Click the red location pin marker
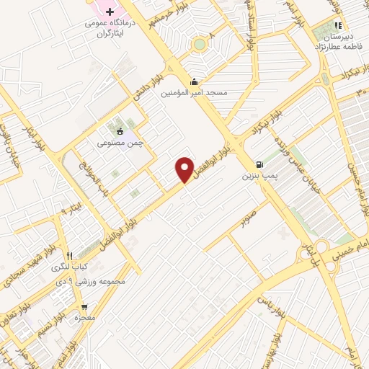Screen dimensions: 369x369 pyautogui.click(x=185, y=169)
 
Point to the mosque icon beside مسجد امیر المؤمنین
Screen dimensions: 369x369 pyautogui.click(x=194, y=81)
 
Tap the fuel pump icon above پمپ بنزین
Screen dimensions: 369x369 pyautogui.click(x=259, y=164)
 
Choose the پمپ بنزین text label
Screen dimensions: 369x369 pyautogui.click(x=259, y=175)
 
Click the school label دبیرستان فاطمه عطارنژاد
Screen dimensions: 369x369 pyautogui.click(x=338, y=41)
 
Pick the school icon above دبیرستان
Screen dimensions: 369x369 pyautogui.click(x=338, y=26)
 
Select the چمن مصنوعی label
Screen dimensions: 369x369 pyautogui.click(x=120, y=143)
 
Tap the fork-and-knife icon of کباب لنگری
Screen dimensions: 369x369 pyautogui.click(x=70, y=255)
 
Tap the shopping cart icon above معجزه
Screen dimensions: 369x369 pyautogui.click(x=84, y=306)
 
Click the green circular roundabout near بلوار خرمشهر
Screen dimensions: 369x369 pyautogui.click(x=199, y=45)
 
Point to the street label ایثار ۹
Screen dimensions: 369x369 pyautogui.click(x=67, y=210)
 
